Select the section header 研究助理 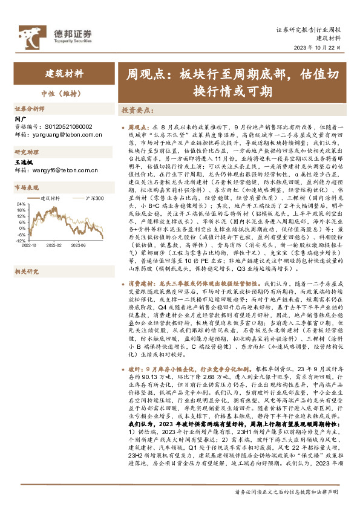pyautogui.click(x=26, y=152)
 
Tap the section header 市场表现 pyautogui.click(x=26, y=188)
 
